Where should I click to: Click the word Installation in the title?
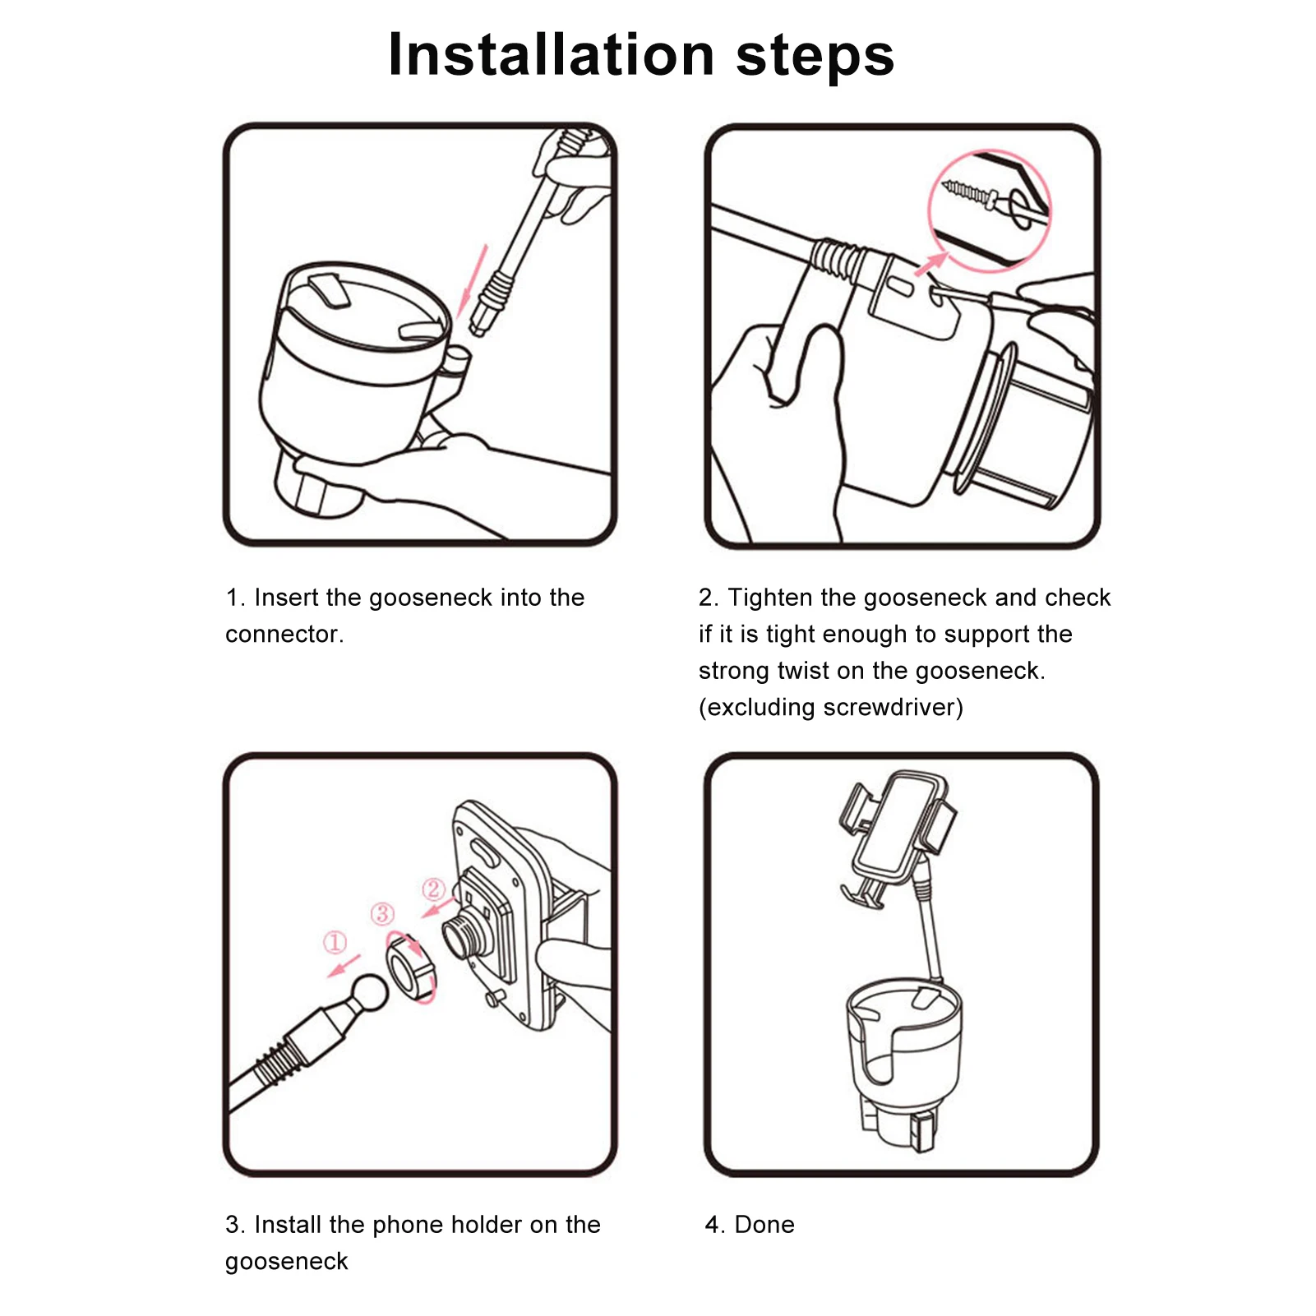[552, 55]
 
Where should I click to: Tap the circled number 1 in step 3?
[335, 942]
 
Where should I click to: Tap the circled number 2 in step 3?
[433, 889]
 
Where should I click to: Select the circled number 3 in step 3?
[382, 913]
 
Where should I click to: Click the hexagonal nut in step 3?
[410, 968]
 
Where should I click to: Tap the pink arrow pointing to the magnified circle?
[930, 265]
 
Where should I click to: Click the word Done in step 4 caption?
[764, 1225]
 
